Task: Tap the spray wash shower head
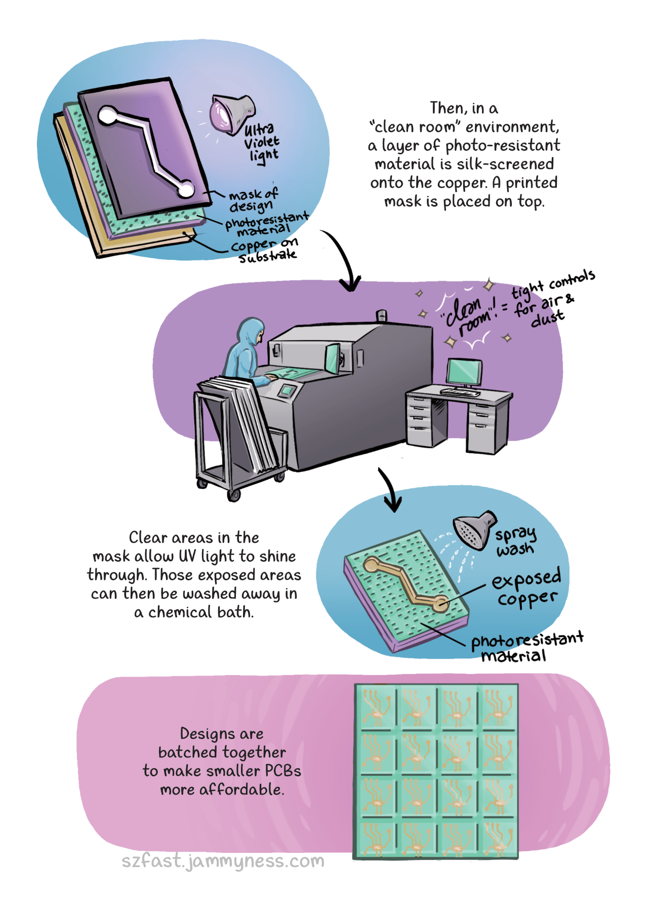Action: click(473, 529)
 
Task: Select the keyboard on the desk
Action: click(460, 391)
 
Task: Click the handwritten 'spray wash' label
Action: click(515, 541)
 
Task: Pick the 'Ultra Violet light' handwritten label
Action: click(261, 142)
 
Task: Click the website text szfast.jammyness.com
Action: click(223, 860)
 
